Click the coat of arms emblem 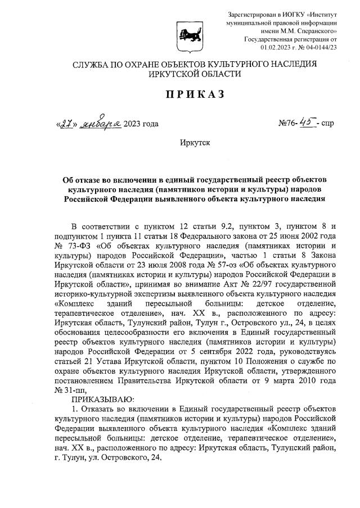point(184,35)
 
